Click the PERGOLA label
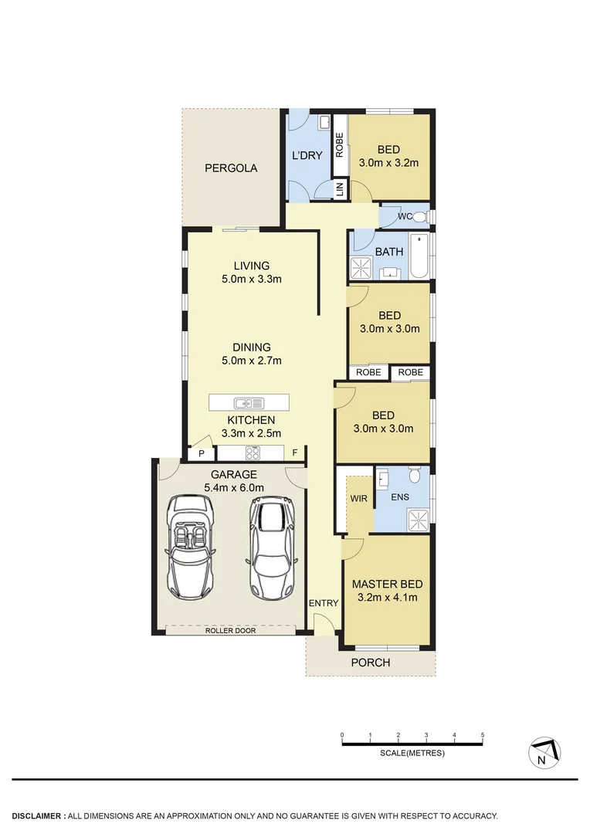(231, 168)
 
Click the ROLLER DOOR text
(230, 630)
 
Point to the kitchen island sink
(249, 402)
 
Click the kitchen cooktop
(251, 453)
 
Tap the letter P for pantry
(202, 453)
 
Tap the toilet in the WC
(419, 216)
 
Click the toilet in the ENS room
(414, 475)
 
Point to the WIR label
(358, 499)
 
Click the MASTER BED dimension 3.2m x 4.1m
(387, 597)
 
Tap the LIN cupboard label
(339, 189)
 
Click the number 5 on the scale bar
(483, 734)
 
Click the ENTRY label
(323, 602)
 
